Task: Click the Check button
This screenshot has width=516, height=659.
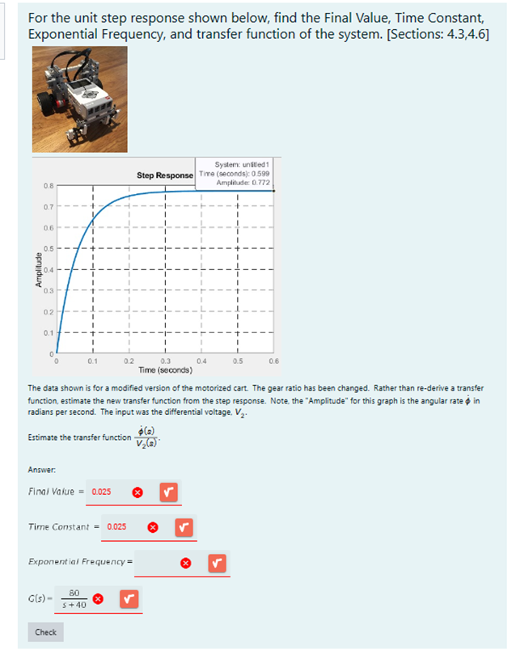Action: coord(45,632)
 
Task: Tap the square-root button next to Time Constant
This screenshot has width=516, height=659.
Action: coord(184,526)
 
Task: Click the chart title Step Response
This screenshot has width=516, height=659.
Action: coord(164,175)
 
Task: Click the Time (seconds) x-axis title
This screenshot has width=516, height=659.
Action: coord(164,370)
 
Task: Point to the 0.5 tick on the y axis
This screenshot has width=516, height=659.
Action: coord(49,248)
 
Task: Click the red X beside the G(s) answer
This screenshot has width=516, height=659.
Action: coord(98,598)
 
